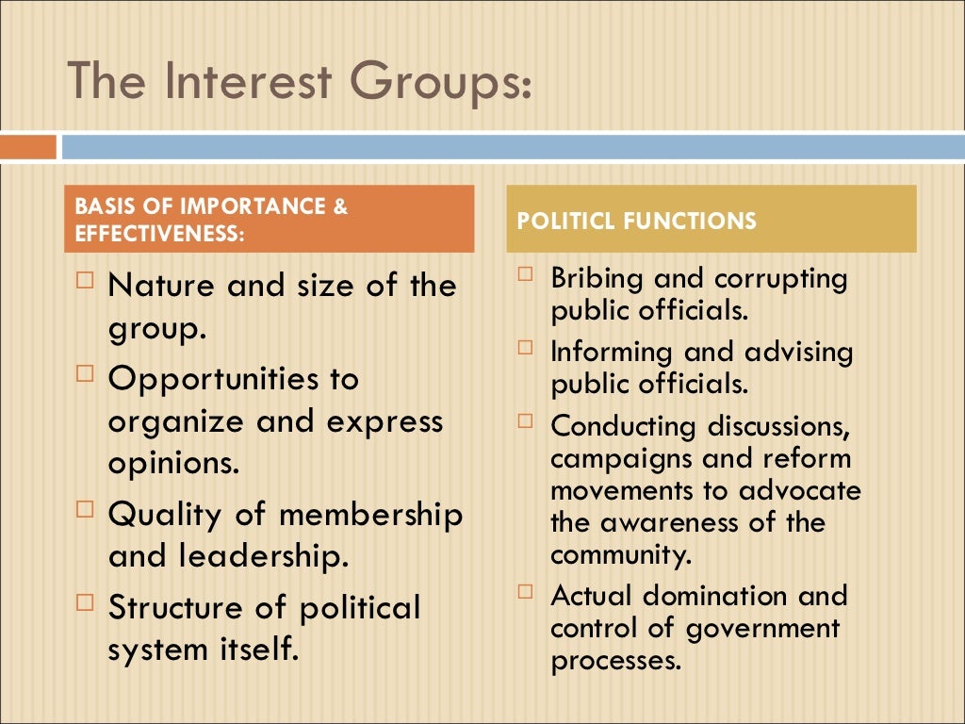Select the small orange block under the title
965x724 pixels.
28,147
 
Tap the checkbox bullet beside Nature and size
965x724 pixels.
86,280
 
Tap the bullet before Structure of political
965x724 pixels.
86,602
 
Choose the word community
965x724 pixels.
621,554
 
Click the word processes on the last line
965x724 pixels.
615,660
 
